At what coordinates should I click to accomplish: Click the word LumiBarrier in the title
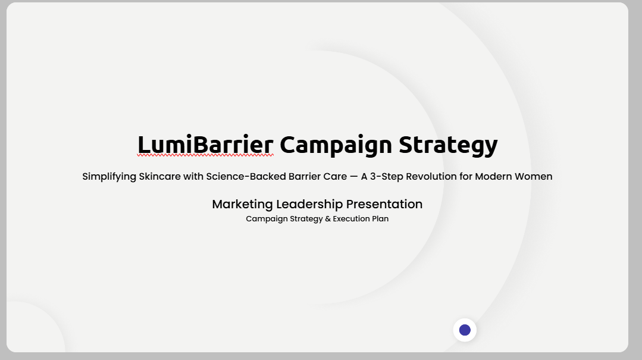pyautogui.click(x=205, y=144)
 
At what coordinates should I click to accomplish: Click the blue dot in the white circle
pyautogui.click(x=465, y=330)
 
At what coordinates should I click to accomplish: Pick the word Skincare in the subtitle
pyautogui.click(x=159, y=176)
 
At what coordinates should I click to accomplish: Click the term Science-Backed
pyautogui.click(x=246, y=176)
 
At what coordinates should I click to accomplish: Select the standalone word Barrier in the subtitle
pyautogui.click(x=305, y=176)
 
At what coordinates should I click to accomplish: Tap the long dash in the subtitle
pyautogui.click(x=354, y=177)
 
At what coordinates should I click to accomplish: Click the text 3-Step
pyautogui.click(x=387, y=177)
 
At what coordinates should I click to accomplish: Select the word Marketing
pyautogui.click(x=242, y=204)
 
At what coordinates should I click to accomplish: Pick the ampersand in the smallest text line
pyautogui.click(x=328, y=219)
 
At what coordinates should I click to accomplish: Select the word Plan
pyautogui.click(x=380, y=219)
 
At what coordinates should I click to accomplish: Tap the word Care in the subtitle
pyautogui.click(x=335, y=176)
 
